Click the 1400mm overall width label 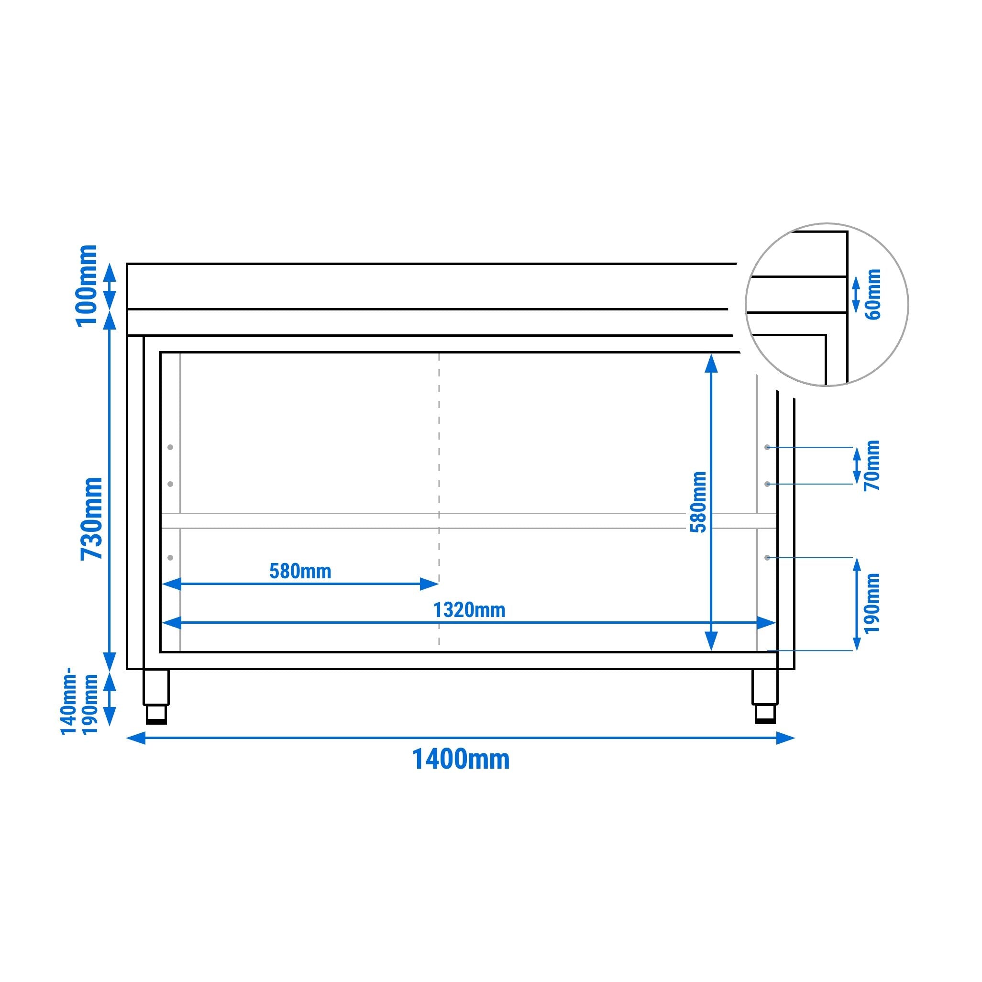point(461,760)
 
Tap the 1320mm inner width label point(469,610)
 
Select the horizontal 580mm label point(300,571)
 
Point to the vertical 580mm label point(699,502)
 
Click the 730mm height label point(92,518)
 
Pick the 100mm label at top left point(87,286)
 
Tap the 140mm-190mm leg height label point(79,704)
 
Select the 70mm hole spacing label point(872,465)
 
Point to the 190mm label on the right point(872,603)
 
